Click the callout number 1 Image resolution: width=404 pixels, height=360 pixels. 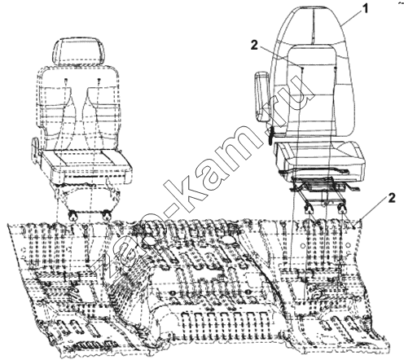tap(366, 9)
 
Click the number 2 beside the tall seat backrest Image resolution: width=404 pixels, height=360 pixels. tap(254, 46)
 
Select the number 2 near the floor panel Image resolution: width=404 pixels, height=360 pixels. tap(391, 199)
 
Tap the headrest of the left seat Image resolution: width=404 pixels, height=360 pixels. tap(79, 51)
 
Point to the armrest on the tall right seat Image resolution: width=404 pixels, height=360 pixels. tap(261, 96)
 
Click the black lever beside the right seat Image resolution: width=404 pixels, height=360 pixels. tap(270, 135)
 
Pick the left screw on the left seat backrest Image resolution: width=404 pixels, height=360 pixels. tap(66, 81)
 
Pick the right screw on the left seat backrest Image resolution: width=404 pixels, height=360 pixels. tap(99, 80)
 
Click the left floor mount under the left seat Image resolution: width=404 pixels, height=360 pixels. tap(72, 215)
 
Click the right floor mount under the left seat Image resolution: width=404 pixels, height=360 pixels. tap(106, 215)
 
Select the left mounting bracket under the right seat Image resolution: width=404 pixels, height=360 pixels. tap(309, 208)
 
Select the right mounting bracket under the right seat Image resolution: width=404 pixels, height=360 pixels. tap(342, 208)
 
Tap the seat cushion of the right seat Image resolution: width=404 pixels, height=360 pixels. tap(319, 156)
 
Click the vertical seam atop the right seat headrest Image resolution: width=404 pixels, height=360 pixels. tap(313, 26)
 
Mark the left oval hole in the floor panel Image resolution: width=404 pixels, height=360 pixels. tap(148, 239)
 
